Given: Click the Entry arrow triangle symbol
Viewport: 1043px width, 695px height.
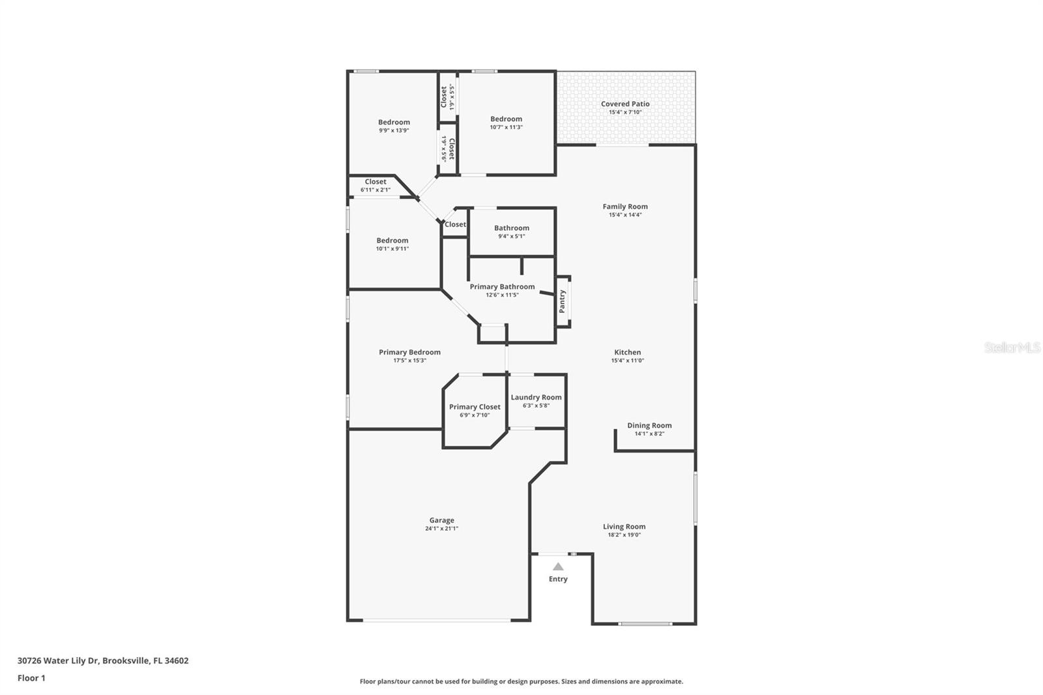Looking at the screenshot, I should [x=558, y=567].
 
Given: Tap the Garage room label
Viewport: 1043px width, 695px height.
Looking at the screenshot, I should [x=441, y=520].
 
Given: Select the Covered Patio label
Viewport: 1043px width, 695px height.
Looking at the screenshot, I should [x=625, y=104].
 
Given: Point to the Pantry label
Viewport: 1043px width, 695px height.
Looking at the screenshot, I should [x=563, y=301].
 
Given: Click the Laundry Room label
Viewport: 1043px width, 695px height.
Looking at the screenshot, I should [x=536, y=397].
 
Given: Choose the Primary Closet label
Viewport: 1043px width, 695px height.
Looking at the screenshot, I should [x=475, y=407].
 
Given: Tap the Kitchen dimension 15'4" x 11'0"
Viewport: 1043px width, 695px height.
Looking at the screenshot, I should [x=627, y=361].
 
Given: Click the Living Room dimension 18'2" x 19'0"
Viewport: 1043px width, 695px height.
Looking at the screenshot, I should [x=624, y=535].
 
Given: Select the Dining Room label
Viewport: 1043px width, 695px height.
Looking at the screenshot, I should [x=649, y=425].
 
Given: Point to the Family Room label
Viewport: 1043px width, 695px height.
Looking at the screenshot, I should [x=625, y=207].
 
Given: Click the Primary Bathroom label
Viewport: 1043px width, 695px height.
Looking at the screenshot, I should [x=502, y=287].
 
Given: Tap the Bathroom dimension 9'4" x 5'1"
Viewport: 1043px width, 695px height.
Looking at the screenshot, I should [x=511, y=236].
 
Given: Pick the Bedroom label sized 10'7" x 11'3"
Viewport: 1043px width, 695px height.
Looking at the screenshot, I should [x=506, y=119].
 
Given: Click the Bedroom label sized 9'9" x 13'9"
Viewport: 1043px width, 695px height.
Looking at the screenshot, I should [x=394, y=122].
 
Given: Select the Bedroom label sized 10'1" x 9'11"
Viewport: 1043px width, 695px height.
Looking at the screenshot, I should [x=392, y=241].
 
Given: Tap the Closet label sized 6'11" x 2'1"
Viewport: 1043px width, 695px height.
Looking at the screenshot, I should [x=375, y=182].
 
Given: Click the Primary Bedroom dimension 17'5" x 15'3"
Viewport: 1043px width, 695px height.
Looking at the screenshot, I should [x=409, y=361].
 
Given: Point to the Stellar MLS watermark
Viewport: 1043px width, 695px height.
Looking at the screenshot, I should [x=1012, y=348].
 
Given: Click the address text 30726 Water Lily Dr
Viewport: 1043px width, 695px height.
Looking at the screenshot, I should [x=58, y=660].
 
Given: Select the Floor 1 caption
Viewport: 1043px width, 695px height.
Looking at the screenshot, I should [x=31, y=678].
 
